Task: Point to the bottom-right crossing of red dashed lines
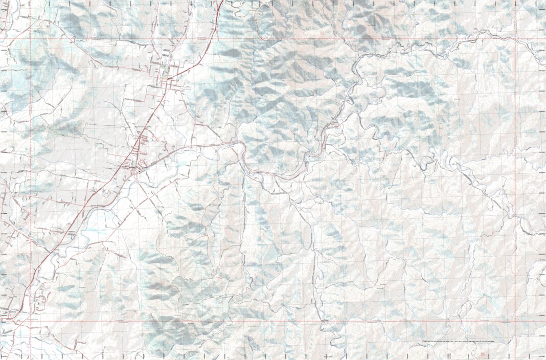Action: [516, 322]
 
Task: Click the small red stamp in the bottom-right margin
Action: [483, 353]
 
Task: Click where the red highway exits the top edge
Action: [222, 2]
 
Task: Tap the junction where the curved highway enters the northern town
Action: [169, 79]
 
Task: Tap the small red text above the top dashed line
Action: [322, 34]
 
